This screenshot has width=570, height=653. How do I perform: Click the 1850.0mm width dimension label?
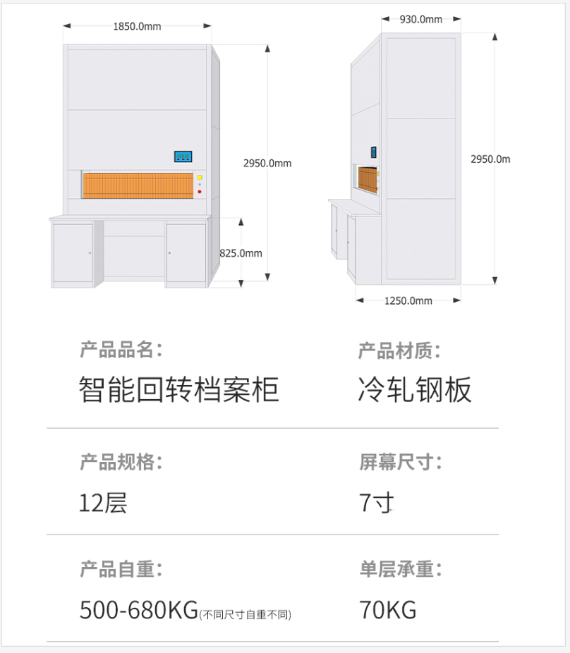point(137,27)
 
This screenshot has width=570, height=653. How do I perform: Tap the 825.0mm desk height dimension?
point(241,253)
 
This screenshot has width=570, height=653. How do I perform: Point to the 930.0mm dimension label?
point(421,20)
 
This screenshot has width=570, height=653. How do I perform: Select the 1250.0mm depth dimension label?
point(408,300)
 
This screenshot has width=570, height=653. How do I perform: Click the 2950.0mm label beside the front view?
point(267,164)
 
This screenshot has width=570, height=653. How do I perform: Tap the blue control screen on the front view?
point(183,157)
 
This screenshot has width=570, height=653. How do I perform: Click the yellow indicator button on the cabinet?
point(200,178)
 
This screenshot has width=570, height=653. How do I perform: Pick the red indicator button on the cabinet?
point(200,192)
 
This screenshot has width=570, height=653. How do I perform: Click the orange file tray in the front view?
point(138,185)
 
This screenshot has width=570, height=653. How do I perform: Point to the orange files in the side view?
point(367,180)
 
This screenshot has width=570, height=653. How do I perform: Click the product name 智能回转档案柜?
point(178,389)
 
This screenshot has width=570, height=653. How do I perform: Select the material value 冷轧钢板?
point(415,389)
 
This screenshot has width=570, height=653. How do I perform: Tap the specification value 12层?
point(103,503)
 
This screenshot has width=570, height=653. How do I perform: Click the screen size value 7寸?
point(376,503)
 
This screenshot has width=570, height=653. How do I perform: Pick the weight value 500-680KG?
point(139,610)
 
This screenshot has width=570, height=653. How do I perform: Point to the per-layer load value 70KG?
point(388,610)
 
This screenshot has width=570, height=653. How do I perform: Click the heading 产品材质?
point(399,350)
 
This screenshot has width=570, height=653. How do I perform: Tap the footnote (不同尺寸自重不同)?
point(245,615)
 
